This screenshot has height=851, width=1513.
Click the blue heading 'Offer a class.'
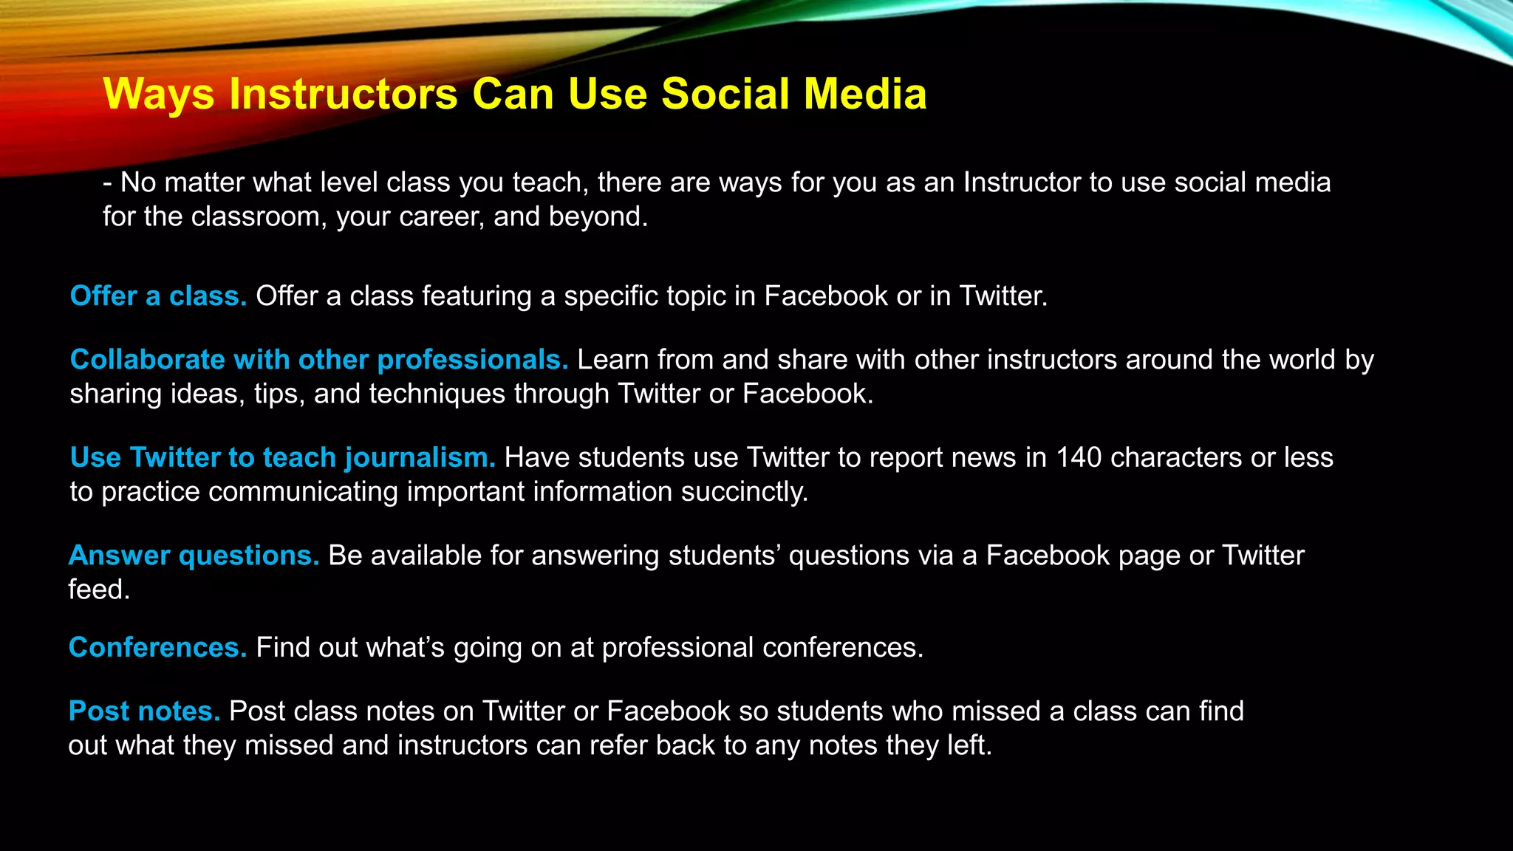(x=158, y=296)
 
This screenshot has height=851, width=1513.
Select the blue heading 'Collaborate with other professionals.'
(x=318, y=360)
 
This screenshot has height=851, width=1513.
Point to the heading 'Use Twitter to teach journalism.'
(x=282, y=458)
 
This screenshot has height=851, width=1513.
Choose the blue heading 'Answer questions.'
(x=194, y=556)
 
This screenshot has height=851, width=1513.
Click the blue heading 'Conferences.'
(x=157, y=648)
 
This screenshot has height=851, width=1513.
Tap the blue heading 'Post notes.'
(x=144, y=711)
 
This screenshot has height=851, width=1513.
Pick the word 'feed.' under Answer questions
(x=99, y=590)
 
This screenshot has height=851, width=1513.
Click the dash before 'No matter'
(x=108, y=183)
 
